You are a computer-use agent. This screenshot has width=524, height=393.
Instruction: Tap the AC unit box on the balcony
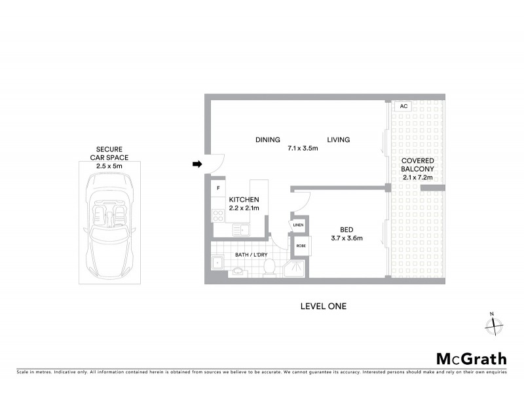(403, 106)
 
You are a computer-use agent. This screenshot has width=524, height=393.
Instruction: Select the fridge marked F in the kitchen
(217, 189)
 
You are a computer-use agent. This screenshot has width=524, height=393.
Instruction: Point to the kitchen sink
(242, 229)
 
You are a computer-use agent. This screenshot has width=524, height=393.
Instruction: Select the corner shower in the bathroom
(295, 268)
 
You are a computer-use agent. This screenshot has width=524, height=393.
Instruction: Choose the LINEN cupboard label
(298, 225)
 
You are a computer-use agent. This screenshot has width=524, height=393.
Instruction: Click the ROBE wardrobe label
(301, 246)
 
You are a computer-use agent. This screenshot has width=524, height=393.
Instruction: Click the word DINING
(268, 140)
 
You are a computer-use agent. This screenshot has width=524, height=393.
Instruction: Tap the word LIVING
(339, 140)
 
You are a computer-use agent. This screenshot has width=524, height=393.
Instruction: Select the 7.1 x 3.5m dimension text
(303, 148)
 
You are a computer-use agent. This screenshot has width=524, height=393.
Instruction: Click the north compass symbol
(493, 324)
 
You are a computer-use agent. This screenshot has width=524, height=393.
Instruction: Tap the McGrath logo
(471, 358)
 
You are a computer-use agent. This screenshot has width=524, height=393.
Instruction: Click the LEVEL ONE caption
(322, 306)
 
